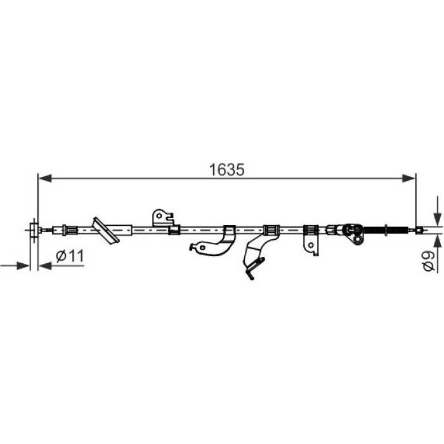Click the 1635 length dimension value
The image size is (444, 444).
[x=226, y=170]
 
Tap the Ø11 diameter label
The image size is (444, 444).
[x=70, y=256]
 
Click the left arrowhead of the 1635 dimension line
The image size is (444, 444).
[x=45, y=178]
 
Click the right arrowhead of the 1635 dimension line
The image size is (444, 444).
[x=409, y=178]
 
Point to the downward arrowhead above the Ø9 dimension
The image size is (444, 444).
[x=438, y=219]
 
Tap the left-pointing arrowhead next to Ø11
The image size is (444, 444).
[x=45, y=266]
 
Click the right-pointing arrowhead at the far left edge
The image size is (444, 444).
[x=23, y=266]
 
